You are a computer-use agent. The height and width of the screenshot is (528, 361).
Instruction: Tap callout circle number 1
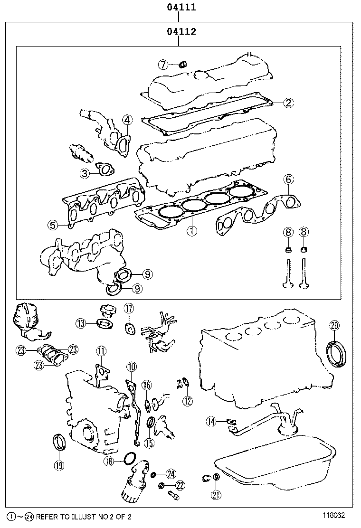click(x=192, y=231)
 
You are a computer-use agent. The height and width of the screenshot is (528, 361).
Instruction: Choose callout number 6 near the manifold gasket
click(x=289, y=179)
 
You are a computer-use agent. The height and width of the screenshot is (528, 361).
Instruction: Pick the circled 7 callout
click(x=163, y=64)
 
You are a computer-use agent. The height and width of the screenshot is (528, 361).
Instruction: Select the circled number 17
click(x=129, y=309)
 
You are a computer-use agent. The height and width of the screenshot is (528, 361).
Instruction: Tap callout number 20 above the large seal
click(x=334, y=325)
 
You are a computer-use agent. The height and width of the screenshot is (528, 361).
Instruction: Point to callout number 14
click(x=211, y=420)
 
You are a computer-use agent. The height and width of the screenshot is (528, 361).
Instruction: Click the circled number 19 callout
click(x=59, y=465)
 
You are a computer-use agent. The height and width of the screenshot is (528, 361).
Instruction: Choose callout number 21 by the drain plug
click(x=216, y=495)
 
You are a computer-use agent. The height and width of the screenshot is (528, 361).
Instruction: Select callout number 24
click(x=171, y=474)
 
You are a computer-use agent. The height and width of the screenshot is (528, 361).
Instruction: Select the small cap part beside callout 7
click(x=182, y=64)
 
